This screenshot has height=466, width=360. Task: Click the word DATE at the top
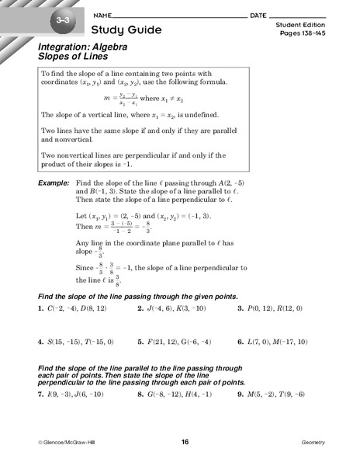[258, 16]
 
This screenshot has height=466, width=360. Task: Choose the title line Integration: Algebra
[78, 47]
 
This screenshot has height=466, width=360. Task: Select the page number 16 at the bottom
[185, 442]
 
